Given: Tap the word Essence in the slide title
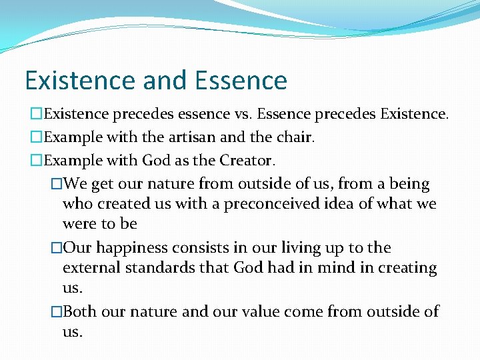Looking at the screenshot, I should click(241, 81).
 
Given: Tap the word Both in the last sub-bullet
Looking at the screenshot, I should click(79, 311).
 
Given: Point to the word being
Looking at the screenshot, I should click(411, 184).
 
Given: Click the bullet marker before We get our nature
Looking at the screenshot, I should click(56, 184).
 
